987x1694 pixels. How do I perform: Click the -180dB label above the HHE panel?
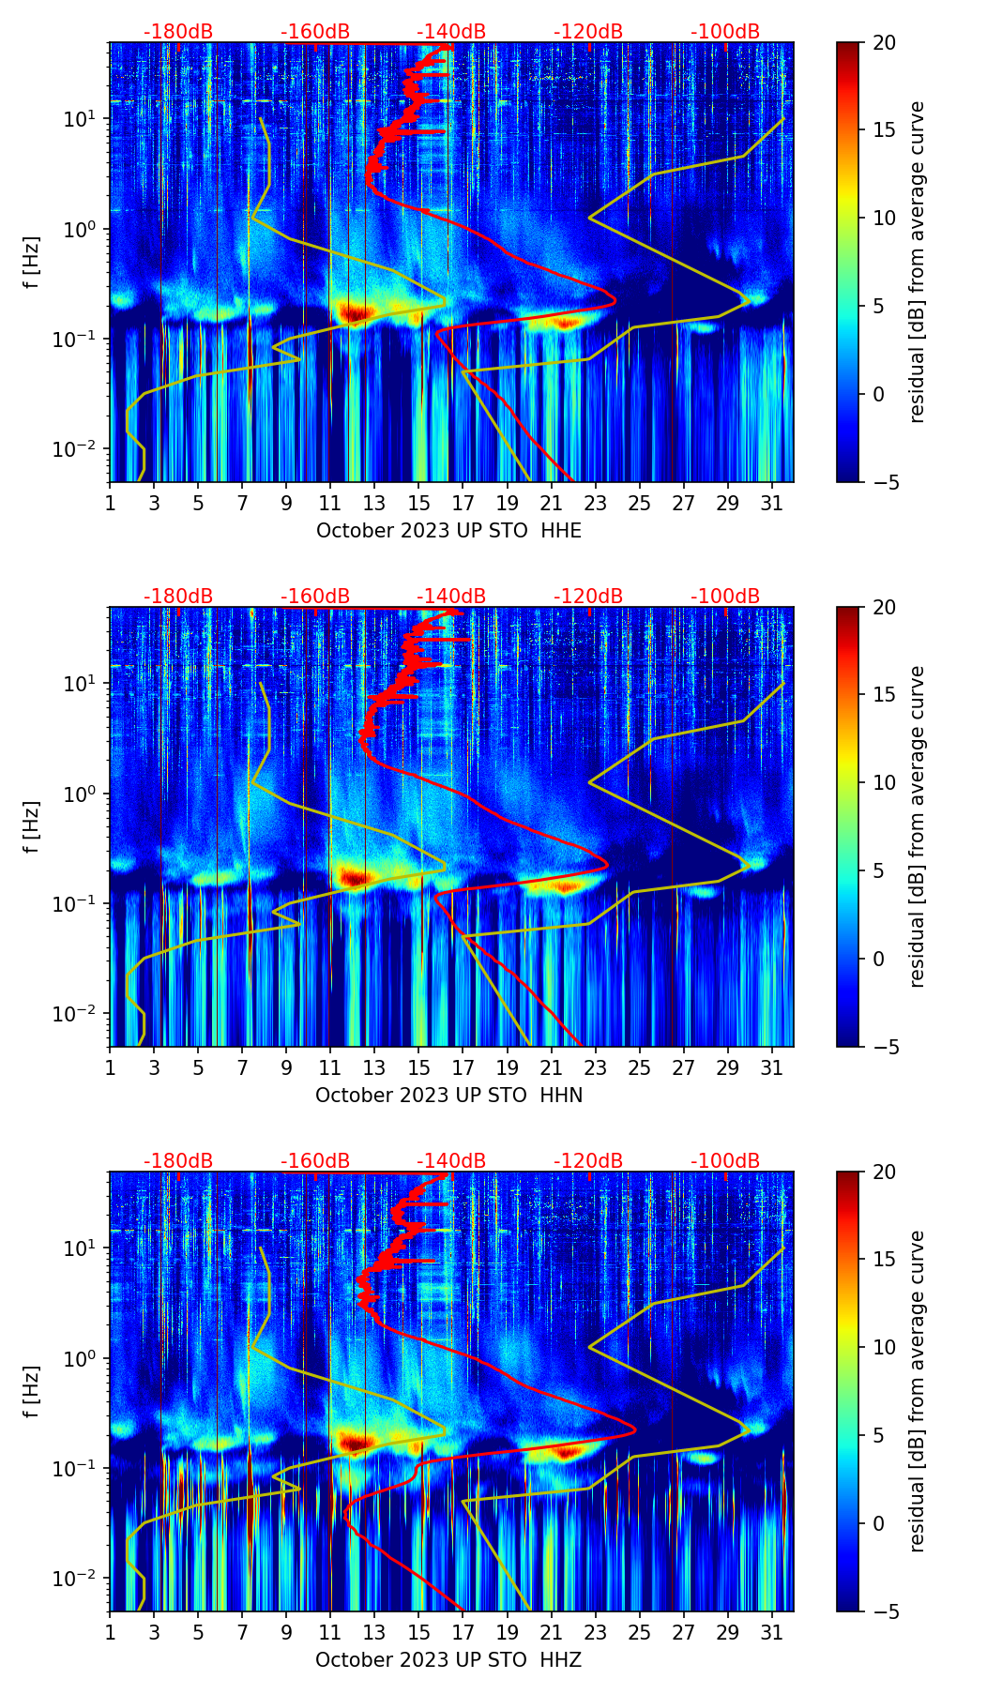(x=178, y=32)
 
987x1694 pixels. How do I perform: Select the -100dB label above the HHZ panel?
(x=725, y=1161)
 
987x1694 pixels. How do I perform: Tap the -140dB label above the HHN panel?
(x=451, y=597)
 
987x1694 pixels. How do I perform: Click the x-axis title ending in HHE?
(x=448, y=531)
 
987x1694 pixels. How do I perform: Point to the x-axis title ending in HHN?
(x=448, y=1096)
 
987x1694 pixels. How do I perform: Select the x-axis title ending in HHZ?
(x=448, y=1660)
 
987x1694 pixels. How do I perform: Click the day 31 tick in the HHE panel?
(x=772, y=503)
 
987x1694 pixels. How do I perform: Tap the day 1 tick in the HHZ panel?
(x=111, y=1632)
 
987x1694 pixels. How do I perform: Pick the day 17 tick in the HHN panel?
(x=463, y=1067)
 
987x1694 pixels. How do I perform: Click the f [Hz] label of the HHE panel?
(x=34, y=263)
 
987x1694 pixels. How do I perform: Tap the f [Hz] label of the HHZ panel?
(x=34, y=1392)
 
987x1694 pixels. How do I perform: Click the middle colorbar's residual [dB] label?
(x=918, y=826)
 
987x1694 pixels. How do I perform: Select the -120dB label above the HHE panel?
(x=588, y=32)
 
